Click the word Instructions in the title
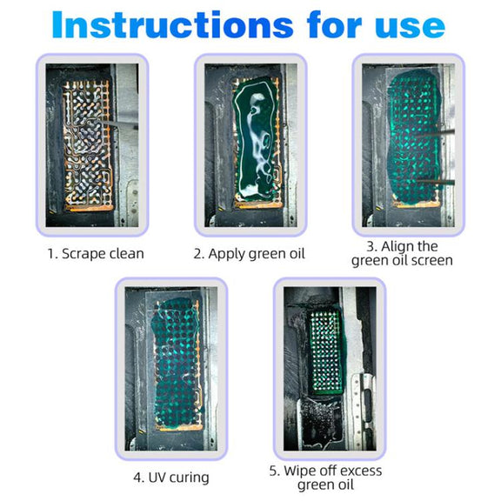point(172,24)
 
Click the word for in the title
point(334,24)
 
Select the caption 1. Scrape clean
point(96,254)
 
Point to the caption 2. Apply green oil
point(250,254)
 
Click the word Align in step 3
point(399,246)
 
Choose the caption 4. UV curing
point(171,478)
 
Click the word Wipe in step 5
point(300,471)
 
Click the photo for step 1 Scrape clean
point(92,145)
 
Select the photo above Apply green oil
point(250,145)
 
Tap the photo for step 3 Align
point(408,145)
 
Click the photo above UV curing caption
point(171,369)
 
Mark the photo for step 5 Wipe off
point(330,369)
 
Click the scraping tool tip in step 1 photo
point(103,122)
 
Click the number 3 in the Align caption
point(371,247)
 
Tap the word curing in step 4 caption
point(189,478)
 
